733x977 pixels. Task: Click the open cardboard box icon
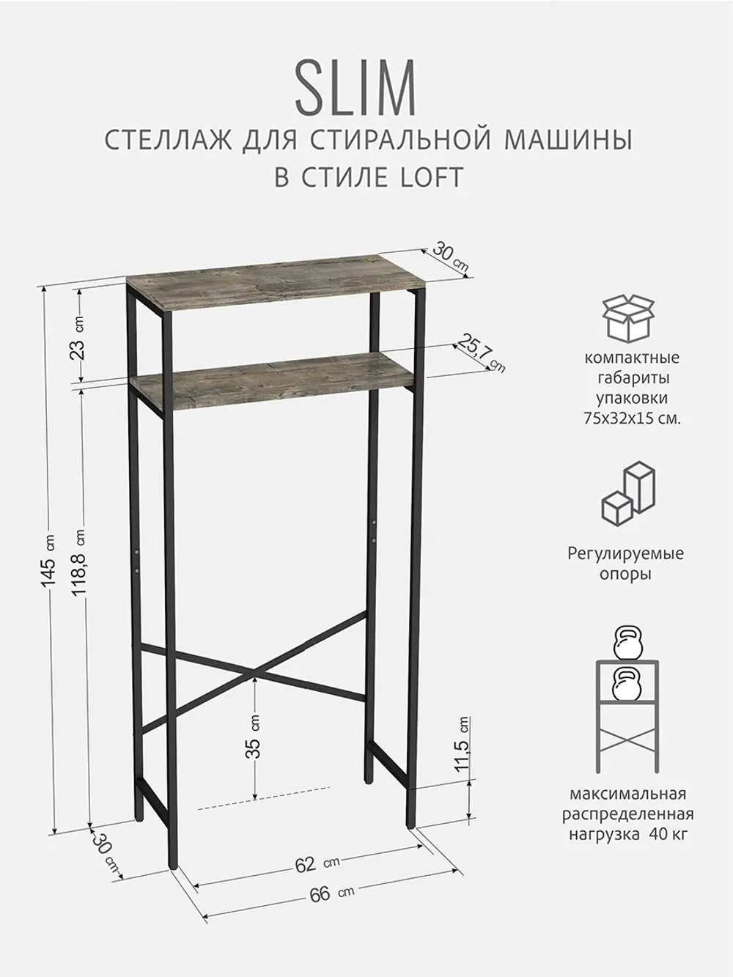tap(629, 317)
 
